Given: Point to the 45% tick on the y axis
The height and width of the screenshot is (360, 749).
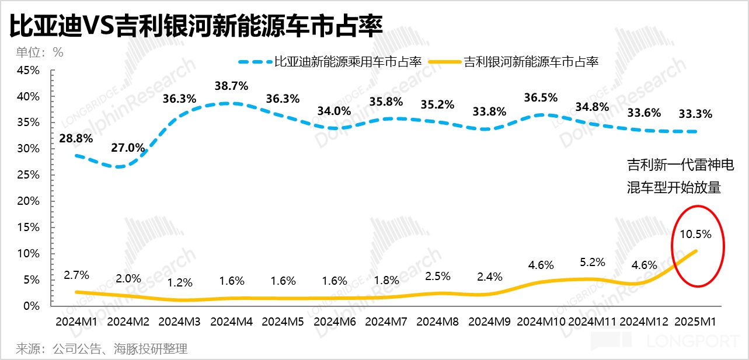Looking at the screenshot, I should (28, 71).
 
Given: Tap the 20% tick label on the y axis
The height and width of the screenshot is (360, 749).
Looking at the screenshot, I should (28, 201).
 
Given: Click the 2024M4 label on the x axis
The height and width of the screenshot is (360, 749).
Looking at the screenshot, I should (232, 321).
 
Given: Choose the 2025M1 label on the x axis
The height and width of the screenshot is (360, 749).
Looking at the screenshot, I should (695, 321).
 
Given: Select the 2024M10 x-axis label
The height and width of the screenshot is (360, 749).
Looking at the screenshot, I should (541, 321).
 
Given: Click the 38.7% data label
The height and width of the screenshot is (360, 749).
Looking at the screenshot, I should (232, 85).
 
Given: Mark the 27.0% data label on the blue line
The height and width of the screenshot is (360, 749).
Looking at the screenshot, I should (128, 148).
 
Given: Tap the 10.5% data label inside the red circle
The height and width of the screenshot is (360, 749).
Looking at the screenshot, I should (695, 235).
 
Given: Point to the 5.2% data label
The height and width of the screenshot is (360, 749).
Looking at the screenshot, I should (593, 262).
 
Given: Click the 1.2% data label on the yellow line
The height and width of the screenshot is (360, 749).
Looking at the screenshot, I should (180, 283).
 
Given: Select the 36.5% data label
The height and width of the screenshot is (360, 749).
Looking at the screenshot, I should (541, 97).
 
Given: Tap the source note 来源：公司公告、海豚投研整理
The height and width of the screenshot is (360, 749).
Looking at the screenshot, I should (101, 349).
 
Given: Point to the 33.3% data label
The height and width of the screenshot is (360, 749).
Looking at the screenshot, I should (695, 113).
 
